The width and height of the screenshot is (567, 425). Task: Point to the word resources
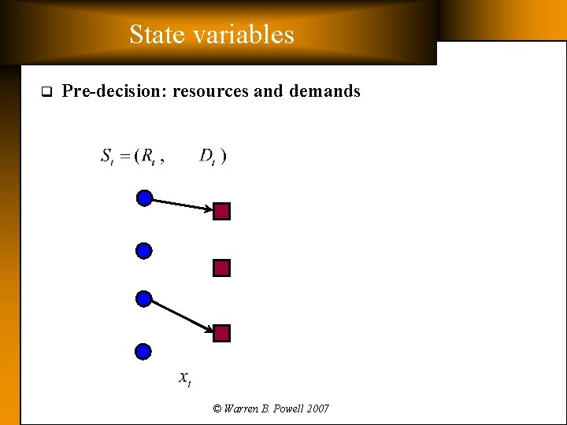click(210, 91)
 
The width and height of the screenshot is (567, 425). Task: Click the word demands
click(324, 91)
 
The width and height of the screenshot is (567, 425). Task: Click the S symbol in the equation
click(106, 156)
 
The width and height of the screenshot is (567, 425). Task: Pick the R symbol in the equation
click(147, 156)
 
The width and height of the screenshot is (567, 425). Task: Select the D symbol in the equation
click(206, 156)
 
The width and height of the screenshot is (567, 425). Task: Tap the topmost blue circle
click(144, 198)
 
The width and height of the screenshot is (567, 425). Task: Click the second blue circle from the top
click(143, 251)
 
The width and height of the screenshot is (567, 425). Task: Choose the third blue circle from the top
click(143, 299)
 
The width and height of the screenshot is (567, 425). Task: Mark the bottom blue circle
click(143, 351)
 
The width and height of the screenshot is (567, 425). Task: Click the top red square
click(222, 212)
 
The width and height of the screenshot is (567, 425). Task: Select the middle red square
click(221, 268)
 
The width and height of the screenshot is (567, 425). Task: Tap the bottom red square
click(222, 334)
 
